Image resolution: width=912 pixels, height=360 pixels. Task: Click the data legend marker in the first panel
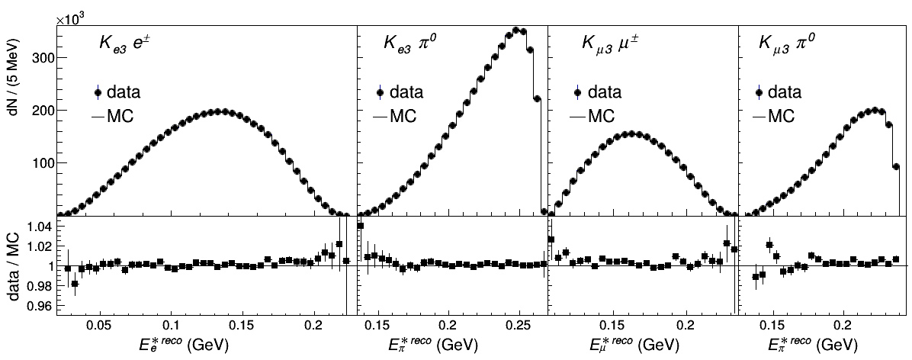pos(98,93)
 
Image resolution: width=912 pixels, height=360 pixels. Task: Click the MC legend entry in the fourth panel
pos(773,117)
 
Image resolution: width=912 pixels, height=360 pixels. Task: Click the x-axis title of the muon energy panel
pos(639,344)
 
